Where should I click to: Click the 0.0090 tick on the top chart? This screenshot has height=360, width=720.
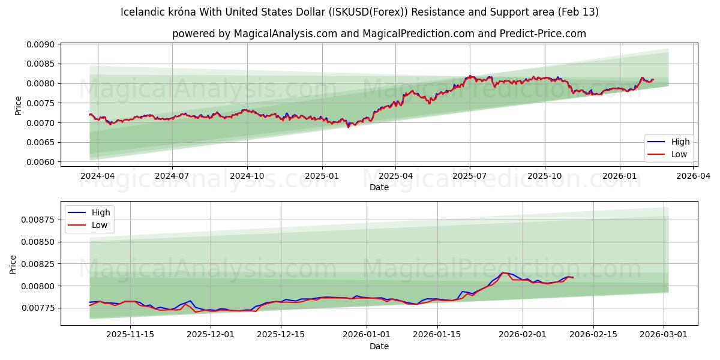pyautogui.click(x=40, y=44)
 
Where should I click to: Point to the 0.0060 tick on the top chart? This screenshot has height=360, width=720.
pyautogui.click(x=40, y=162)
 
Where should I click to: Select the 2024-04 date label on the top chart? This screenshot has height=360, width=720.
pyautogui.click(x=97, y=176)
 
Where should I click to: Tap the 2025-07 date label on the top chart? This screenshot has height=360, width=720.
pyautogui.click(x=469, y=176)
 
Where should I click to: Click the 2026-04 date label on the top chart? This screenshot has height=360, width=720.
pyautogui.click(x=692, y=176)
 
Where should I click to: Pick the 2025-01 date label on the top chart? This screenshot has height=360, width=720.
pyautogui.click(x=322, y=176)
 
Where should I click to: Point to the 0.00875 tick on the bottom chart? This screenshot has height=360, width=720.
pyautogui.click(x=38, y=220)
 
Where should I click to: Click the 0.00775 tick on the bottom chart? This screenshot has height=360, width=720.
pyautogui.click(x=38, y=308)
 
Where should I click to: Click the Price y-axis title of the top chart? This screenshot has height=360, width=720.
pyautogui.click(x=18, y=105)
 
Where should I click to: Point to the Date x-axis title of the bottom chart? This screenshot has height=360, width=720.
pyautogui.click(x=379, y=346)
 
